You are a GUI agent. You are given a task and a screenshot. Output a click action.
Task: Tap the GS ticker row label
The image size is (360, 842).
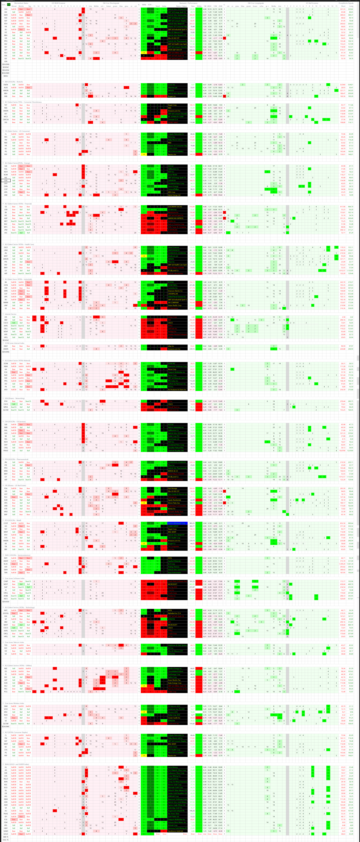[x=6, y=207]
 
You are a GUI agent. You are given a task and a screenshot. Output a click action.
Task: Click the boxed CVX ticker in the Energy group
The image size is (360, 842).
[x=6, y=180]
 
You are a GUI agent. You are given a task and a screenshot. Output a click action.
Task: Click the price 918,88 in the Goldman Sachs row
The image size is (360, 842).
[x=192, y=207]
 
